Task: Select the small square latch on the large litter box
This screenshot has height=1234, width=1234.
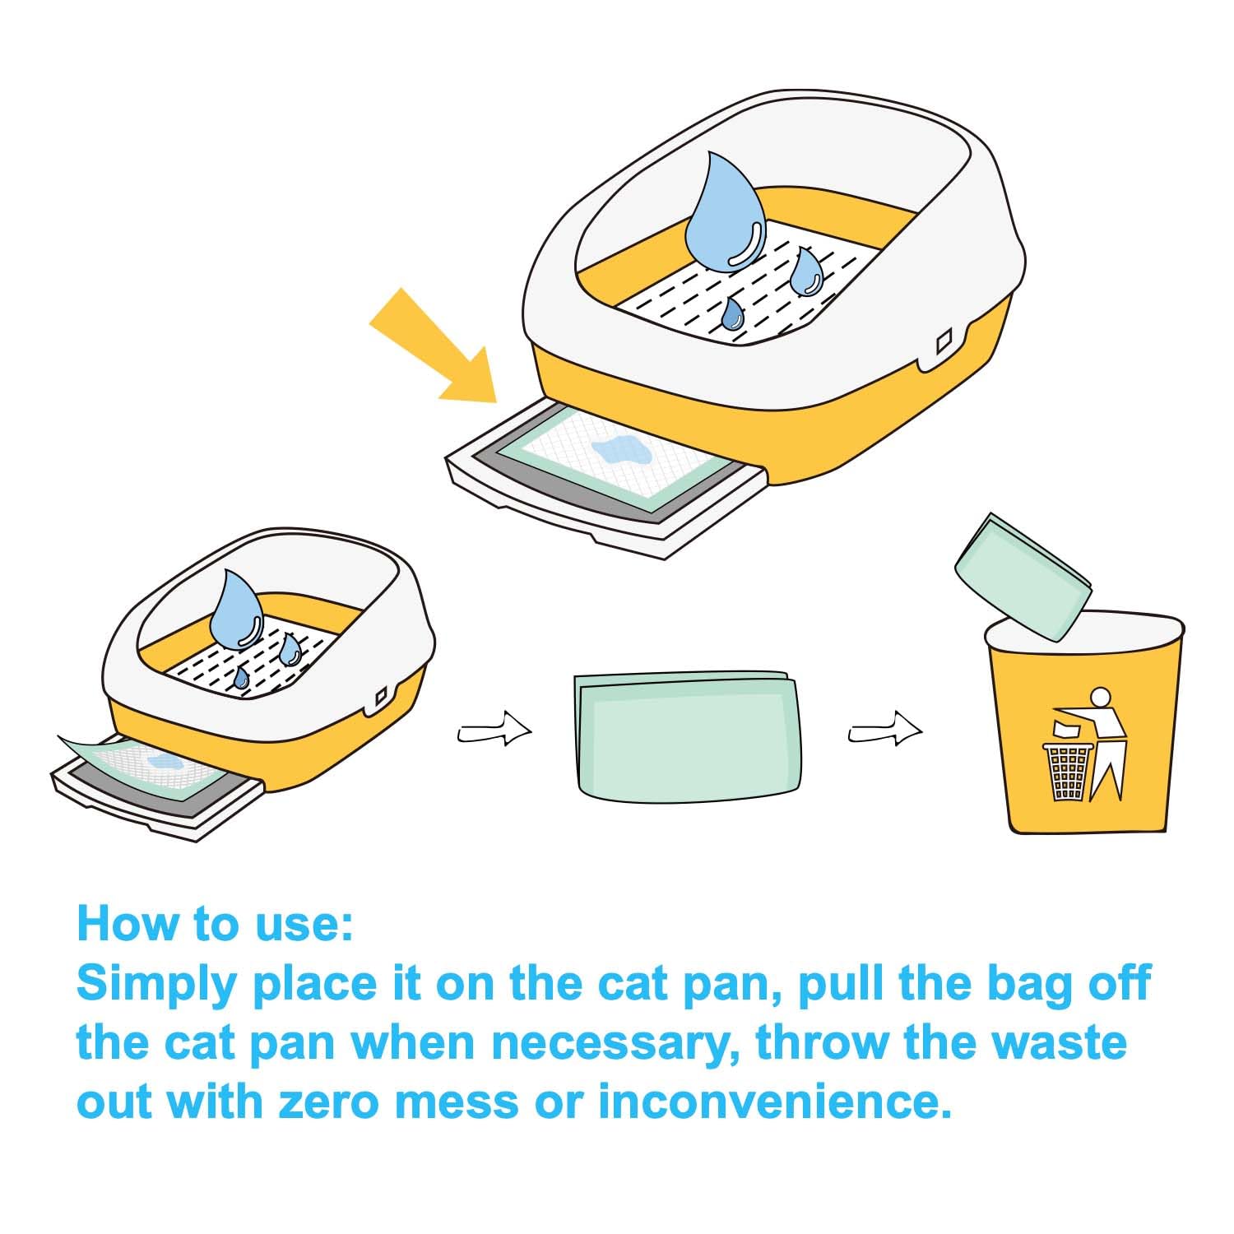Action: point(944,338)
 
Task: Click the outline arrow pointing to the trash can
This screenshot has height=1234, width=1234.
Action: point(885,729)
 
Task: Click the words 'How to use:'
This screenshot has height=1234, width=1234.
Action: point(215,923)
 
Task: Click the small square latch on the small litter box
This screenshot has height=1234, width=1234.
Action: point(381,698)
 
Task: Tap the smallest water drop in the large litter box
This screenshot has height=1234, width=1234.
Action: point(732,313)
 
